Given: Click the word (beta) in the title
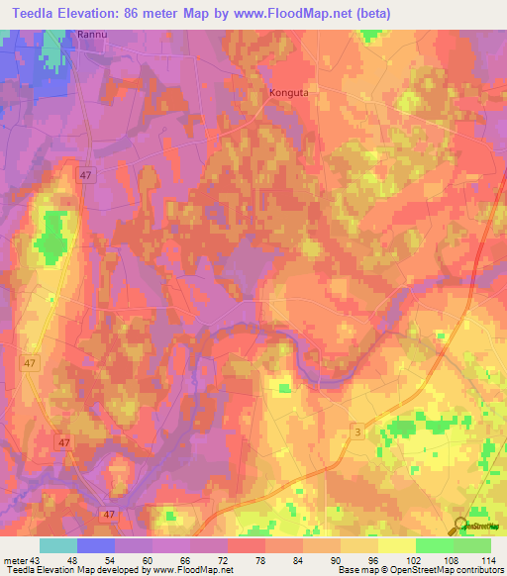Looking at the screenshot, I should [x=371, y=14].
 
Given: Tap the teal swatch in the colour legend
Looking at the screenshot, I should [x=58, y=545].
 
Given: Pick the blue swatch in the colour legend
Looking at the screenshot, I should [x=96, y=545].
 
